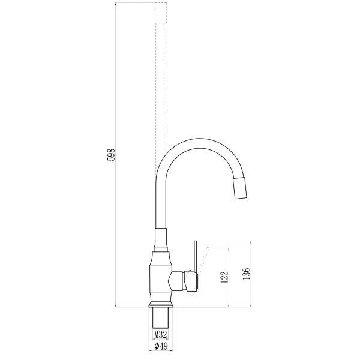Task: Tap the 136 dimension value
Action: click(x=246, y=274)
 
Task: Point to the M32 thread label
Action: click(x=160, y=334)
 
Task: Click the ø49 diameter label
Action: click(x=160, y=346)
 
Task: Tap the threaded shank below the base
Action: click(x=160, y=318)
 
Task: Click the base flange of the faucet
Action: click(x=160, y=303)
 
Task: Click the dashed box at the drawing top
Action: click(x=160, y=12)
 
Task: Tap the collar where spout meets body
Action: click(x=160, y=240)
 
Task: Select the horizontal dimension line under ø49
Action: click(x=160, y=352)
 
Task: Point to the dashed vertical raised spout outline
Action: click(x=160, y=90)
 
